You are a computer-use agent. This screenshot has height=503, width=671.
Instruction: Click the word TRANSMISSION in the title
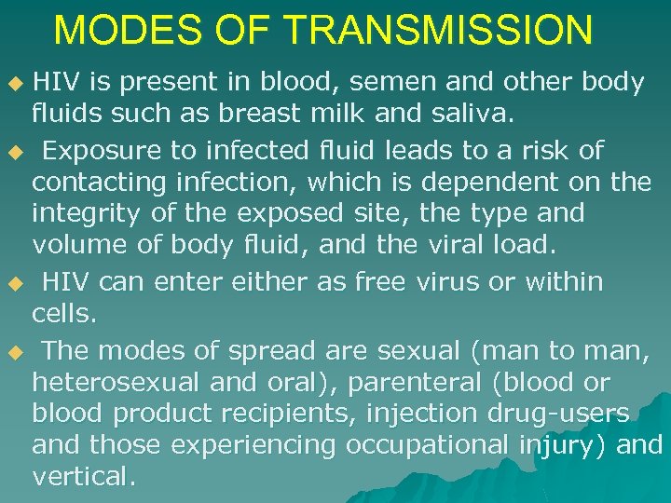click(x=437, y=30)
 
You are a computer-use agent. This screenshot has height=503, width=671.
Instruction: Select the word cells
click(x=64, y=314)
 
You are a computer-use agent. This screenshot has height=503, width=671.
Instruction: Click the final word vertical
click(x=84, y=477)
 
